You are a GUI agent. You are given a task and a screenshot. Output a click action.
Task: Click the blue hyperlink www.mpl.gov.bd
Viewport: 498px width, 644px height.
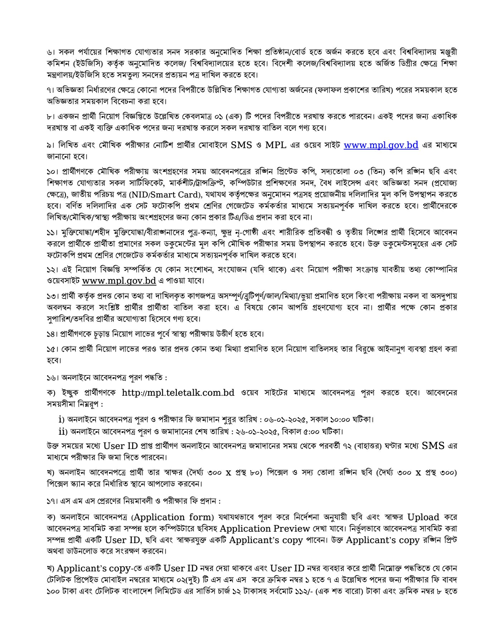(x=381, y=145)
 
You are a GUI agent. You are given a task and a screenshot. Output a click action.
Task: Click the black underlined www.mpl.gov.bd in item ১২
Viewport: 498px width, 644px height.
(x=119, y=281)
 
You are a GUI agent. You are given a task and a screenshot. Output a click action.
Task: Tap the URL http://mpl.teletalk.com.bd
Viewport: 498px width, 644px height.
(x=178, y=393)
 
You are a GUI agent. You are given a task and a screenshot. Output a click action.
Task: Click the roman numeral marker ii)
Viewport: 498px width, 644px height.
(x=63, y=431)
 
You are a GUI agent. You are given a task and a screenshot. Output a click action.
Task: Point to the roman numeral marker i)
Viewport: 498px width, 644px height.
(x=62, y=419)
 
